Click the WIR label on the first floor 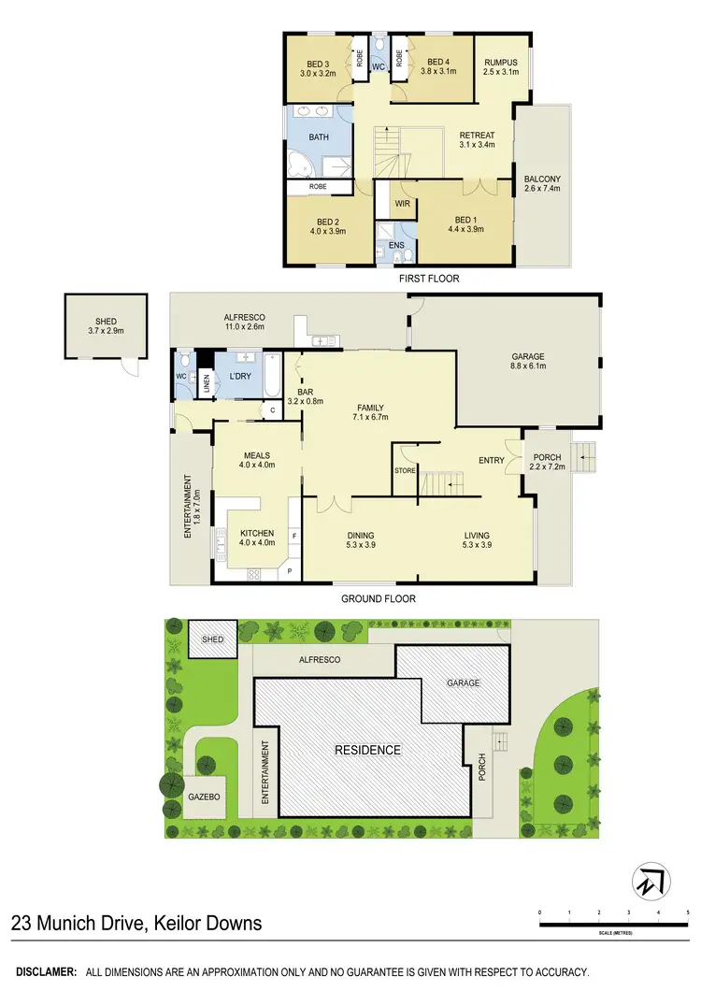tap(403, 203)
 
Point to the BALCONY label tap(542, 179)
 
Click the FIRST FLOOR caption tap(428, 279)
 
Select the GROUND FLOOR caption tap(378, 598)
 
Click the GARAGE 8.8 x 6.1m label tap(527, 357)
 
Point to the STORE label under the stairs tap(404, 470)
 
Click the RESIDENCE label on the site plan tap(368, 750)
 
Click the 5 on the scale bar tap(687, 912)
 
